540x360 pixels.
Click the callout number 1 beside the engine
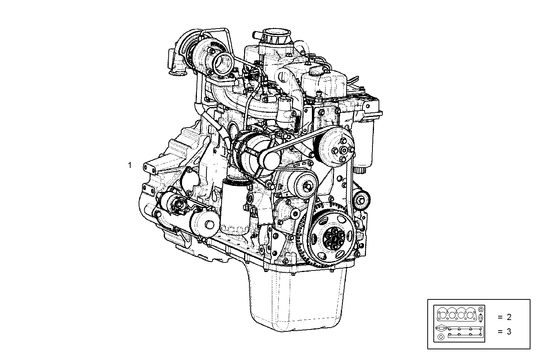pyautogui.click(x=130, y=165)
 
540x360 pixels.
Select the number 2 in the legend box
pyautogui.click(x=509, y=317)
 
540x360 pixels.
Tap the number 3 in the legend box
pyautogui.click(x=509, y=331)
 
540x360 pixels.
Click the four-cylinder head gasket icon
pyautogui.click(x=457, y=315)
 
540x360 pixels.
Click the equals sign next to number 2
pyautogui.click(x=500, y=317)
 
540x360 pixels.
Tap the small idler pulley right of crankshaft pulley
pyautogui.click(x=361, y=199)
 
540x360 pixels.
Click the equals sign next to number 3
pyautogui.click(x=500, y=331)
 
